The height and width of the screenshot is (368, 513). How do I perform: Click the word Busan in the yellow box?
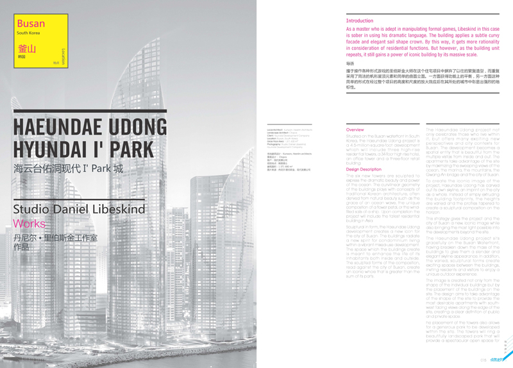[31, 23]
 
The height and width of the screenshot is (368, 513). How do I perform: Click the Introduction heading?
[359, 21]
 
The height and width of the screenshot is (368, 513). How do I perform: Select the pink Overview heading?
[355, 130]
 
